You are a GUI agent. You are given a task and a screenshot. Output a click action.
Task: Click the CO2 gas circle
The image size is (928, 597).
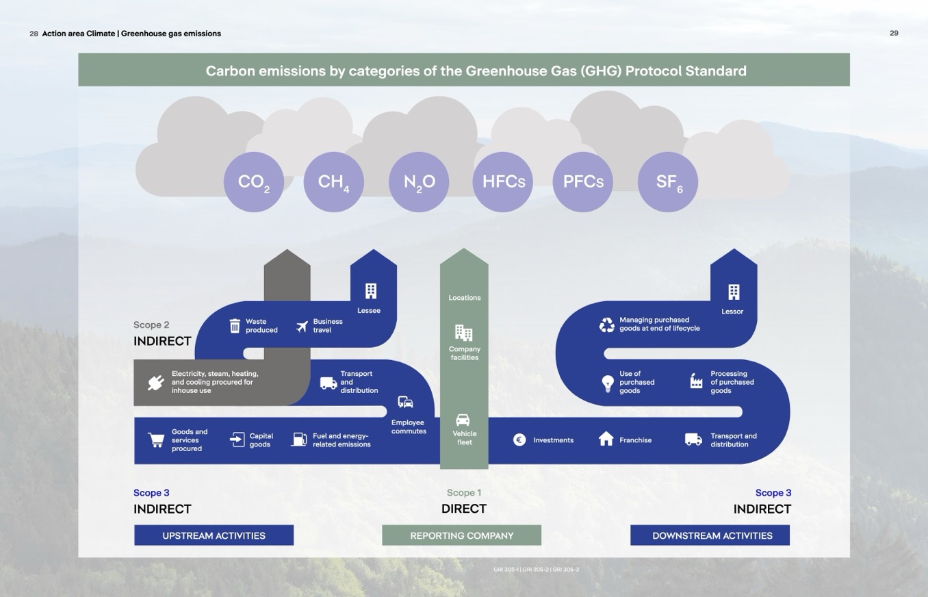(253, 182)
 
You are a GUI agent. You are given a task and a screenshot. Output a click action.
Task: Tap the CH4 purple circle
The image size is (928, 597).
(333, 182)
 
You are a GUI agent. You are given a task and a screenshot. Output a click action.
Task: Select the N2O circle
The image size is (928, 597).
(419, 182)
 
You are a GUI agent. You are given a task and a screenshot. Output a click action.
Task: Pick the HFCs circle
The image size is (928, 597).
(503, 182)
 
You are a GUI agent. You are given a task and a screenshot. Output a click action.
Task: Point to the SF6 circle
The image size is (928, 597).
(667, 182)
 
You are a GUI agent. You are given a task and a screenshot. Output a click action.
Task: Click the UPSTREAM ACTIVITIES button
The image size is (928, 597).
(214, 535)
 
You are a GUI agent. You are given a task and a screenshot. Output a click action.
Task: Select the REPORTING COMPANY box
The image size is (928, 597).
(461, 535)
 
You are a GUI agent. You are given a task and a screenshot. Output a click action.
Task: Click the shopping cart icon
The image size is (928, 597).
(157, 440)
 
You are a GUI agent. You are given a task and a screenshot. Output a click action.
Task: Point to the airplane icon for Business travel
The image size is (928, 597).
(302, 326)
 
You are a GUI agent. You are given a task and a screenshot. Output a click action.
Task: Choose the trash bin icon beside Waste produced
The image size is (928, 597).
(235, 325)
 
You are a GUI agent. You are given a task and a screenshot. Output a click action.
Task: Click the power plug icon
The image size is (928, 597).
(156, 383)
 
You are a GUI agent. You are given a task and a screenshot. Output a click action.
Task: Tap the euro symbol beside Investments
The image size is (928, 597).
(519, 440)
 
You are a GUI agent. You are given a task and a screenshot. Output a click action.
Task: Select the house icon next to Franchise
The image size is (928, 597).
(606, 439)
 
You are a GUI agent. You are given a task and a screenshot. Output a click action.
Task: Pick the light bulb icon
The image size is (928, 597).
(607, 383)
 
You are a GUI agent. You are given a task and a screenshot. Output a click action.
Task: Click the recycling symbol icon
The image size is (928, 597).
(607, 325)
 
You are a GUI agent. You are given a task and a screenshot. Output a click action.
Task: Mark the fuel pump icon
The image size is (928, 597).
(298, 439)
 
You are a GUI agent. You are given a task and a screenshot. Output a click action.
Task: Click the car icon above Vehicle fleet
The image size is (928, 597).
(463, 420)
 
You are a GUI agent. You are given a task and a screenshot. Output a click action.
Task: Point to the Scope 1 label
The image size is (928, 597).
(464, 493)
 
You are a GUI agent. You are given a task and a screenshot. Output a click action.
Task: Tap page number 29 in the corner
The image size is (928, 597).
(894, 33)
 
